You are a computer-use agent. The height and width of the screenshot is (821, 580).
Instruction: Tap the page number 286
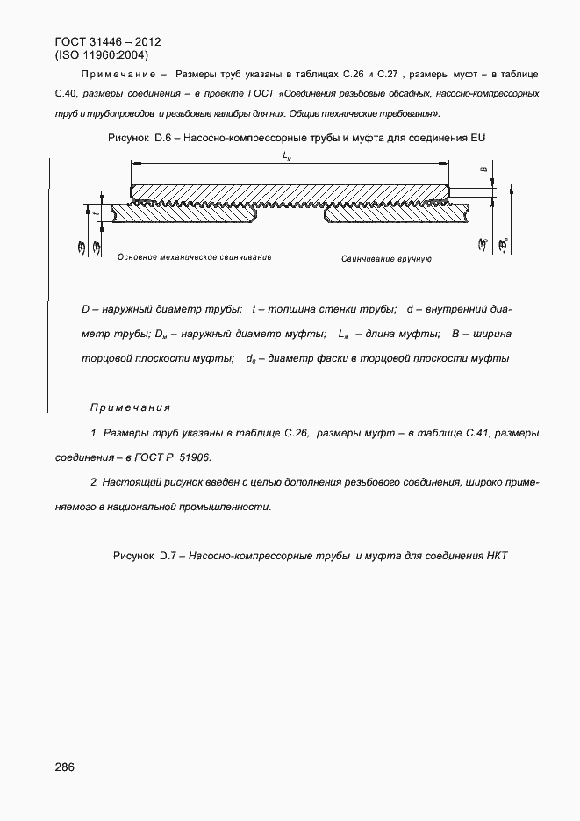[64, 767]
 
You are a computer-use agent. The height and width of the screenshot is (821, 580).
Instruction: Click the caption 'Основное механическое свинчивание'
[194, 257]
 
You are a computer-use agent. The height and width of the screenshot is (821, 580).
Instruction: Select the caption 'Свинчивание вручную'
[386, 260]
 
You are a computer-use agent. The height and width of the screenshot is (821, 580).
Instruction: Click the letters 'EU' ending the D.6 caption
[477, 139]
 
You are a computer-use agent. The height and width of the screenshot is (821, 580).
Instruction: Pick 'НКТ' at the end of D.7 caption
[498, 556]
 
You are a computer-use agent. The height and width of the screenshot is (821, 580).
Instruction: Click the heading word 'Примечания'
[130, 407]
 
